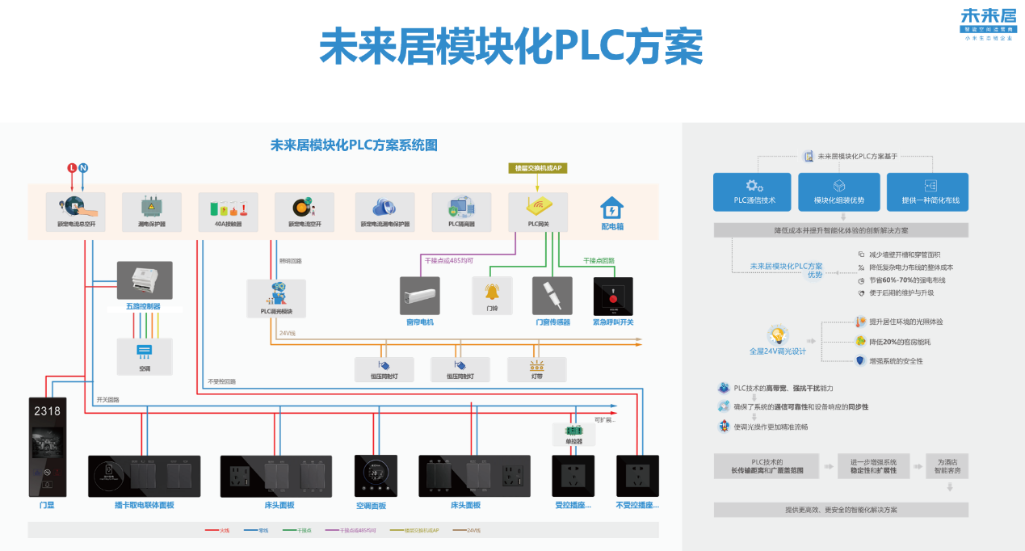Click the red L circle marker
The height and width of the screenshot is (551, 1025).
(72, 168)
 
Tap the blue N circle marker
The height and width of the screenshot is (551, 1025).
(83, 168)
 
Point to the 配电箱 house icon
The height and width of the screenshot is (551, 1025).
(611, 208)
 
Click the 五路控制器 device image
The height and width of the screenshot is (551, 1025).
(144, 280)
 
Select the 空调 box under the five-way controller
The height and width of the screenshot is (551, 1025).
(144, 356)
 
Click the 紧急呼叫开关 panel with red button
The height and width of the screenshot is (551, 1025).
(613, 297)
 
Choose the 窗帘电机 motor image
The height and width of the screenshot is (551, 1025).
(419, 296)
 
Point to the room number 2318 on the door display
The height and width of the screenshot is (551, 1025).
(47, 411)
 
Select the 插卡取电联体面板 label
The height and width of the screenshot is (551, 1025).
(144, 505)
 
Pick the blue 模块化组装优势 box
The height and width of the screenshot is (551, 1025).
(838, 192)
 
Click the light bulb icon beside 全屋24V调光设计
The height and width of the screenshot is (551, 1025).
(777, 335)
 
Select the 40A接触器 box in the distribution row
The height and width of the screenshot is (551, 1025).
(228, 212)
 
